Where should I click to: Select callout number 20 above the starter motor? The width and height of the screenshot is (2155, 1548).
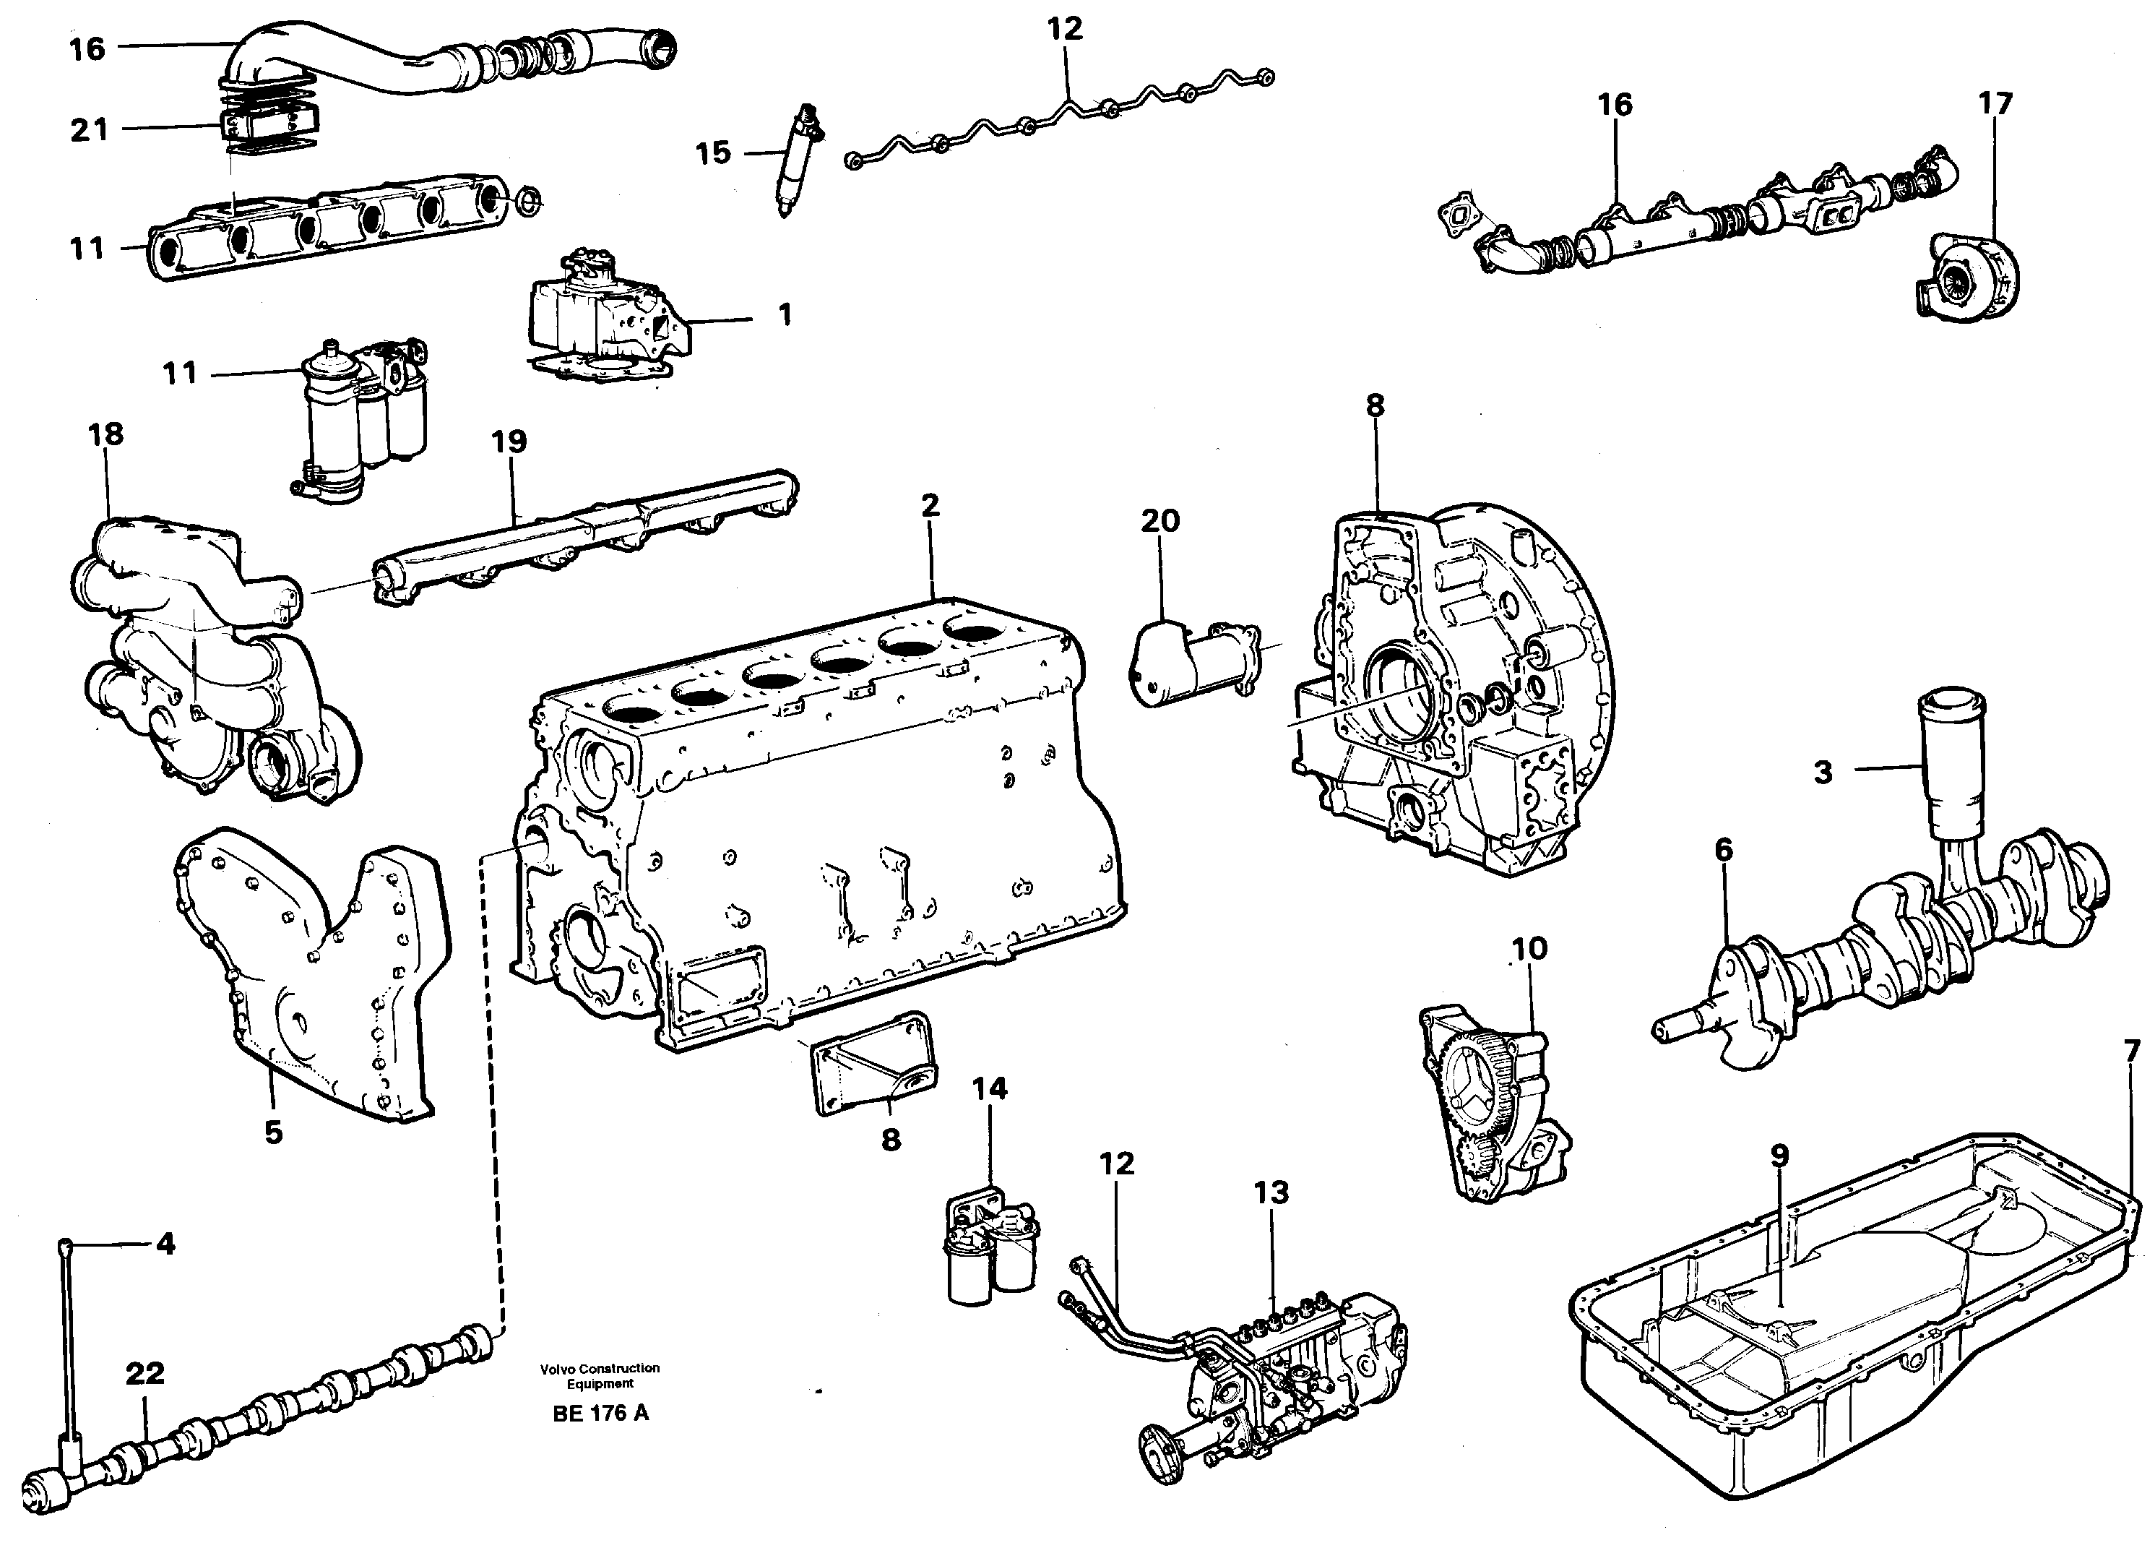click(1160, 521)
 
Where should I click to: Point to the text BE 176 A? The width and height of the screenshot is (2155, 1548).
click(600, 1413)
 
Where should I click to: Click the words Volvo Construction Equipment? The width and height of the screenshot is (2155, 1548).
click(600, 1375)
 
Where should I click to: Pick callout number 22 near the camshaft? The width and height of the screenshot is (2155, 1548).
click(145, 1373)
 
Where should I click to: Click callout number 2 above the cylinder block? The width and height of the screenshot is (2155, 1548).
click(930, 506)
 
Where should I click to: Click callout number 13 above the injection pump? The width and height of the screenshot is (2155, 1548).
click(1271, 1192)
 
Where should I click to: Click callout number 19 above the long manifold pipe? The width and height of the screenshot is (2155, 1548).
click(509, 442)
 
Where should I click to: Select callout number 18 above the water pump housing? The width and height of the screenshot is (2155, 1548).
click(105, 434)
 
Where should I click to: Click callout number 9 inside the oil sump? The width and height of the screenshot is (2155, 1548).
click(1779, 1156)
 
